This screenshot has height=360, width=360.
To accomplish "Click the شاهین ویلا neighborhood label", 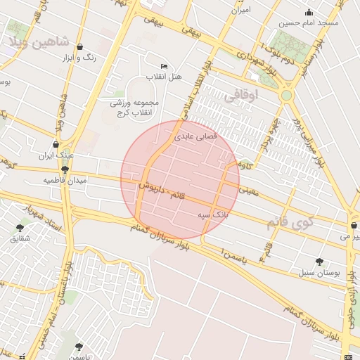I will click(x=39, y=41).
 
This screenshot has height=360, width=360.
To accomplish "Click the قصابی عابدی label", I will click(x=208, y=134).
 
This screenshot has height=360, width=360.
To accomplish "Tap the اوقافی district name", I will click(x=241, y=96).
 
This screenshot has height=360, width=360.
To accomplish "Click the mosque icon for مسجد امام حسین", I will click(x=309, y=12).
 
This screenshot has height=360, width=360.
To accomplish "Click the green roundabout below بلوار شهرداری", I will click(x=286, y=95).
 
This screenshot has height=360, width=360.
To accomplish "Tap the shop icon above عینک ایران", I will click(x=56, y=145).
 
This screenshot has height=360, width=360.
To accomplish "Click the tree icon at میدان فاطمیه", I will click(x=65, y=169).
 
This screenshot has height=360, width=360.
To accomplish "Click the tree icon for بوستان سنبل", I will click(x=320, y=261).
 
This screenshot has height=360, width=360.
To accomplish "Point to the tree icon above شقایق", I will click(x=20, y=227).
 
